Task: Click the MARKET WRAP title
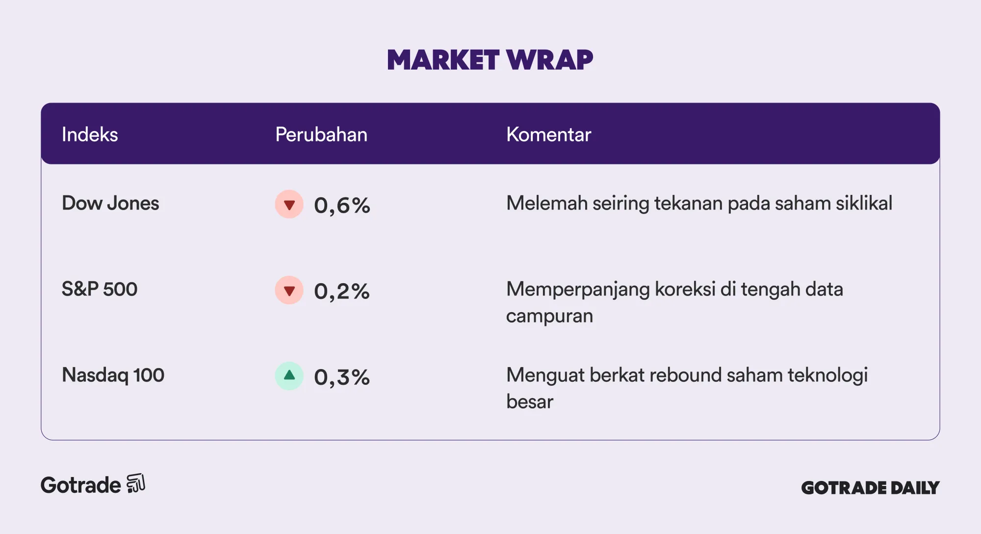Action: tap(490, 60)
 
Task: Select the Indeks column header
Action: tap(90, 134)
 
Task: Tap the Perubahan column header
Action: tap(321, 134)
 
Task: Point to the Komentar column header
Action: tap(548, 134)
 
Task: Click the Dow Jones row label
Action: tap(110, 203)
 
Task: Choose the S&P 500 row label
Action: tap(100, 289)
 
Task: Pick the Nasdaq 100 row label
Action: tap(113, 375)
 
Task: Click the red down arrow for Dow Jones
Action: tap(289, 204)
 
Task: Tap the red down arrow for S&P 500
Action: tap(289, 290)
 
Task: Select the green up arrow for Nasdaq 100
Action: tap(289, 376)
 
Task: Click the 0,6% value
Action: tap(342, 205)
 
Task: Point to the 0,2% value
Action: tap(342, 291)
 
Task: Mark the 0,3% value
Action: tap(342, 377)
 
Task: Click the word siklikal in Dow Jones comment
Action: tap(864, 203)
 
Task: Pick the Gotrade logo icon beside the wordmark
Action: tap(136, 483)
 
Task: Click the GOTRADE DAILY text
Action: tap(870, 487)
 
